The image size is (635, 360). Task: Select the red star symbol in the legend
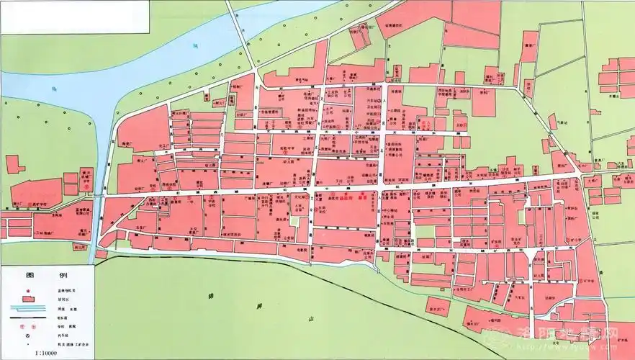pyautogui.click(x=29, y=289)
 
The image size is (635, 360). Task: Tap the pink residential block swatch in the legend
pyautogui.click(x=29, y=298)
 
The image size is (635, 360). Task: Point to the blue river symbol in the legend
pyautogui.click(x=29, y=306)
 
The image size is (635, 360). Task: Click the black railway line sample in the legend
pyautogui.click(x=29, y=315)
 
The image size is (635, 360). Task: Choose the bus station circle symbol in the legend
pyautogui.click(x=29, y=336)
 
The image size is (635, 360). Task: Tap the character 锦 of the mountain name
pyautogui.click(x=211, y=295)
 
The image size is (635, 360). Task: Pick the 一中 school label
pyautogui.click(x=189, y=207)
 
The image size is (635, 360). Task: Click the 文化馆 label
pyautogui.click(x=301, y=195)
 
